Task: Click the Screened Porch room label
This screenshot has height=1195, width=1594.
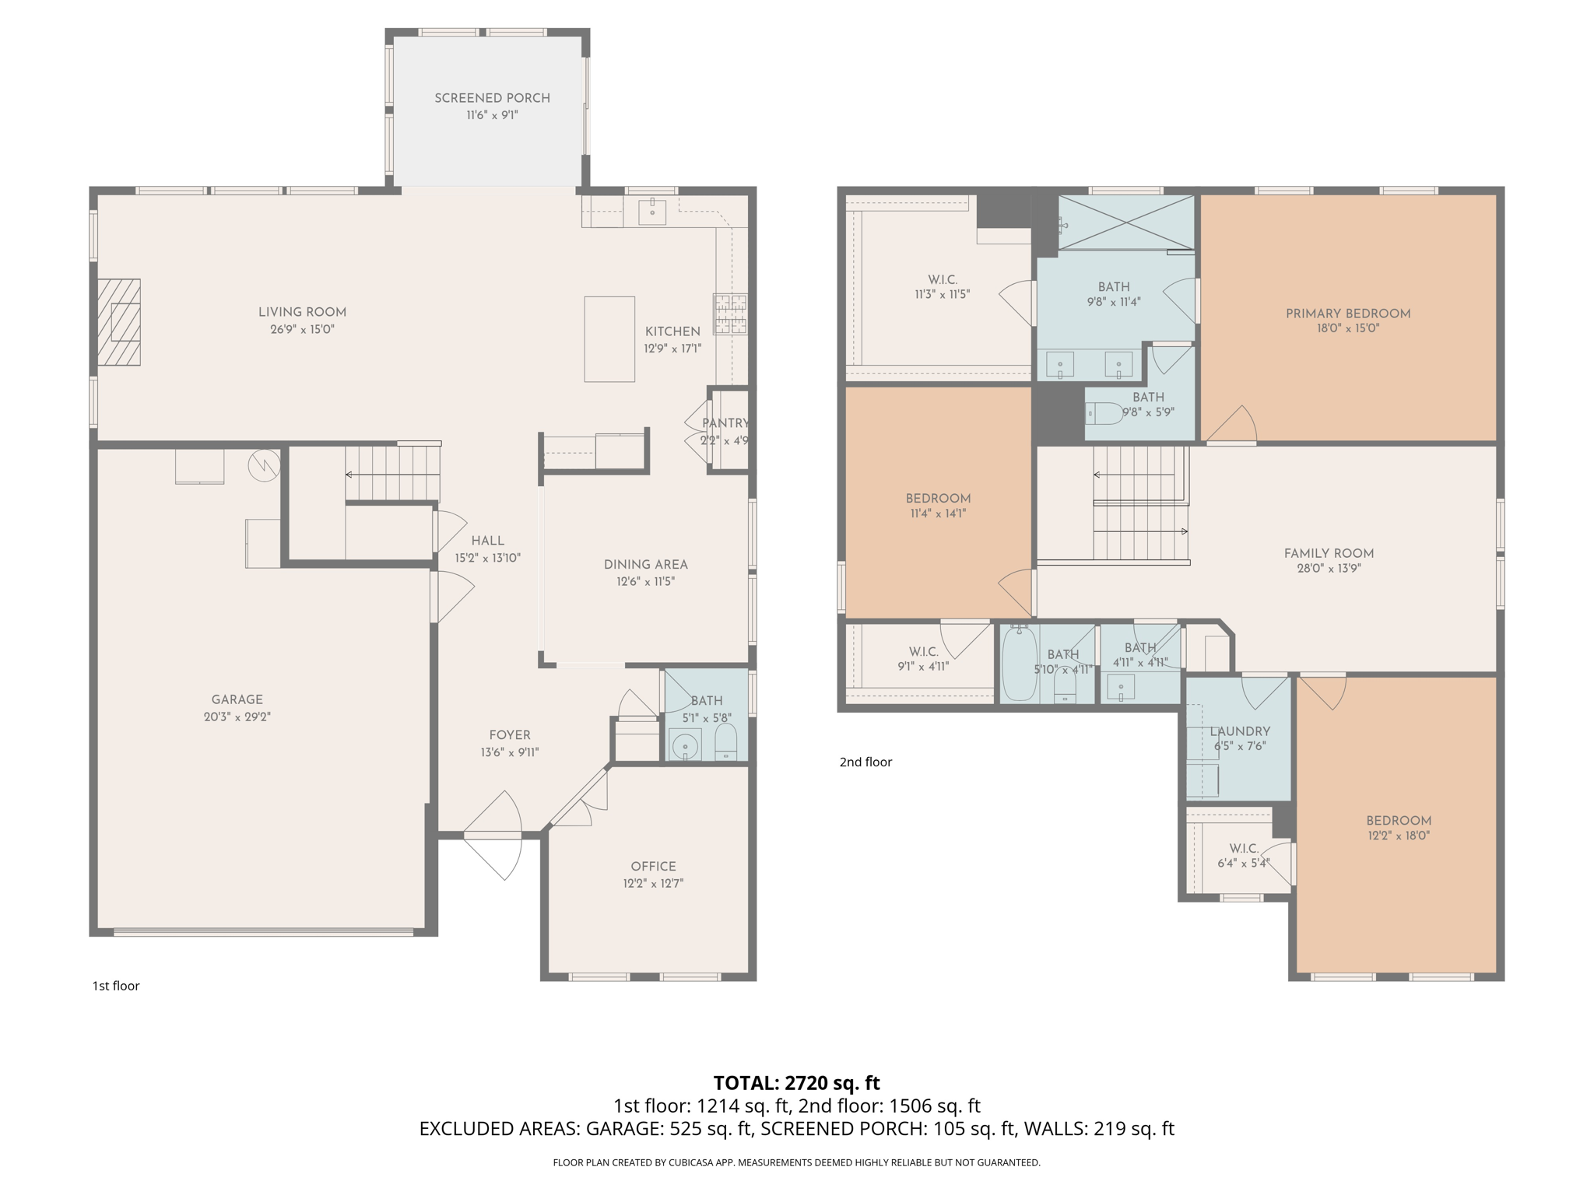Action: (x=492, y=98)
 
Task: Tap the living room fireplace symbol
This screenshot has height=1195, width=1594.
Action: (x=119, y=322)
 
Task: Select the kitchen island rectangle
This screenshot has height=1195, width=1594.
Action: (x=609, y=338)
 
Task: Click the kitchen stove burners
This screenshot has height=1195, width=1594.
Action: (x=730, y=314)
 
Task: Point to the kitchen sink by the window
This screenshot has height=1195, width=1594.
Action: (x=652, y=210)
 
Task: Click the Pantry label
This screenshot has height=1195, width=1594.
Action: (x=725, y=423)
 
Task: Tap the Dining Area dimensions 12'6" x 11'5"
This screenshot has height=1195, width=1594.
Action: (x=645, y=581)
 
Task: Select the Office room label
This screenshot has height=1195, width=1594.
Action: (x=653, y=866)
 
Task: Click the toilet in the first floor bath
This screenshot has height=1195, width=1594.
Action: (x=725, y=743)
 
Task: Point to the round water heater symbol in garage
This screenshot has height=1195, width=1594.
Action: (x=265, y=465)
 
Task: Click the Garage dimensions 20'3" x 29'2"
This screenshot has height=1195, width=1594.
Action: (x=237, y=717)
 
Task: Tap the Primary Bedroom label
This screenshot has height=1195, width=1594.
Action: (x=1348, y=314)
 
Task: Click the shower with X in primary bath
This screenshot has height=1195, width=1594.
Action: (x=1126, y=223)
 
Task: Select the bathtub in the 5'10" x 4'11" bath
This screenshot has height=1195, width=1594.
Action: (x=1019, y=664)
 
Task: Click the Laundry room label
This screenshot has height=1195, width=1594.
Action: (x=1240, y=731)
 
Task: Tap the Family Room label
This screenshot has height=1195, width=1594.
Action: (x=1329, y=553)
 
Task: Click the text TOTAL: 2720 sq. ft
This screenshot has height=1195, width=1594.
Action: (x=796, y=1082)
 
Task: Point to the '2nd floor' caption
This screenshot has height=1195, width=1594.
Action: (x=865, y=762)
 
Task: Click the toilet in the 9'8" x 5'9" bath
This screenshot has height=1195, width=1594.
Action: (x=1104, y=413)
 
